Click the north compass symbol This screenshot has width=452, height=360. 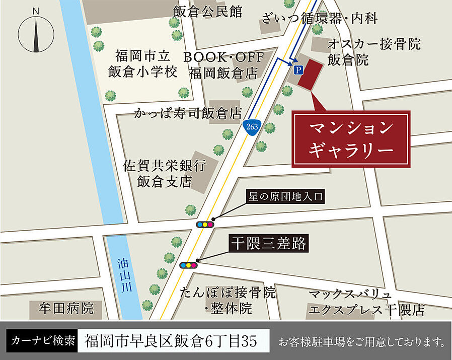click(x=36, y=31)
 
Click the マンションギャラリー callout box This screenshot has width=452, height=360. click(x=351, y=138)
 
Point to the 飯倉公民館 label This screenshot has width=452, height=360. click(x=207, y=12)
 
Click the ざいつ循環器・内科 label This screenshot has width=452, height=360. click(x=319, y=19)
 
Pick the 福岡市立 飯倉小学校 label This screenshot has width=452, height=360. click(x=143, y=63)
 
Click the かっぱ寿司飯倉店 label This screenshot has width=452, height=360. click(x=188, y=112)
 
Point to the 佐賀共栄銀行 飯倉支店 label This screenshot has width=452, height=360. click(x=165, y=173)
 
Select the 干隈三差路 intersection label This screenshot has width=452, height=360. click(x=268, y=244)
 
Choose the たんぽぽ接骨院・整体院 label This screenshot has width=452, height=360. click(x=228, y=300)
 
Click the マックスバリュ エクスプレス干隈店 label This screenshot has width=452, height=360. click(x=366, y=302)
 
